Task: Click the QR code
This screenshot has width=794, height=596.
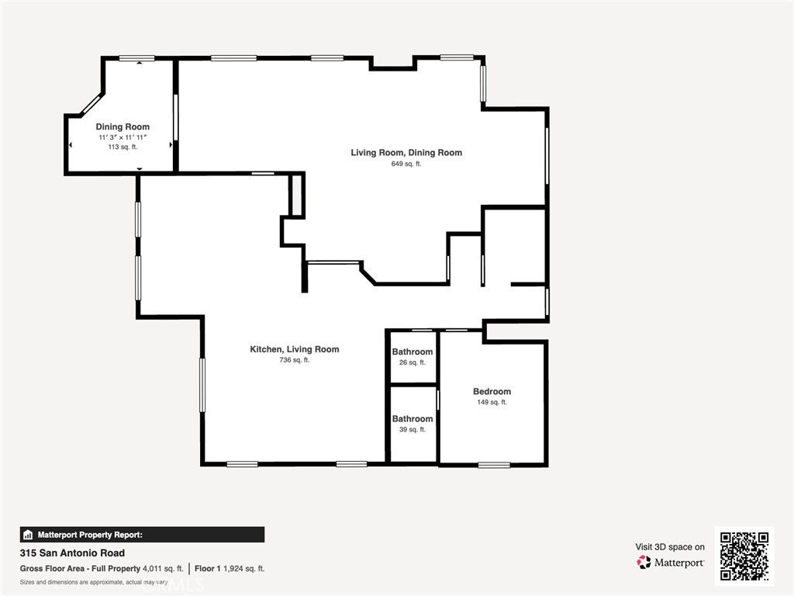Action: (x=744, y=556)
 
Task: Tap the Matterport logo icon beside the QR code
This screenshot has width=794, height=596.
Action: (x=644, y=563)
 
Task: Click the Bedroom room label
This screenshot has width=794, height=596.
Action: (x=492, y=391)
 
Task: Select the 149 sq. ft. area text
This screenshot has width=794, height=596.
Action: (x=492, y=402)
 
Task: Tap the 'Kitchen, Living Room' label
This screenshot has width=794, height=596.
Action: (x=294, y=349)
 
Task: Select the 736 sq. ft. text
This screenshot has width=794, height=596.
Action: (x=294, y=360)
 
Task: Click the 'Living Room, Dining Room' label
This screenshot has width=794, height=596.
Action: (x=406, y=152)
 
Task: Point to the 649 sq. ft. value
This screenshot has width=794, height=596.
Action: (x=406, y=164)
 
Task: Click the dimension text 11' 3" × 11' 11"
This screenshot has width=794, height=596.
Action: (x=123, y=137)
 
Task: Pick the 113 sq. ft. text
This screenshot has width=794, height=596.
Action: (x=123, y=147)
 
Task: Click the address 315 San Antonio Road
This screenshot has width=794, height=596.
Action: (x=72, y=553)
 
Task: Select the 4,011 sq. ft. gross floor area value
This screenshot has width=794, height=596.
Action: (x=163, y=569)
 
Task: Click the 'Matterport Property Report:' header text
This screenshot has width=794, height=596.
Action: (x=90, y=535)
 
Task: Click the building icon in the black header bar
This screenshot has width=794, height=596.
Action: (x=28, y=535)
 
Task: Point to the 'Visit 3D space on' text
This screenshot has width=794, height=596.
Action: (x=670, y=547)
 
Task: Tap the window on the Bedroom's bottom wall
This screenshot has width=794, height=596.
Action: (x=493, y=465)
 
